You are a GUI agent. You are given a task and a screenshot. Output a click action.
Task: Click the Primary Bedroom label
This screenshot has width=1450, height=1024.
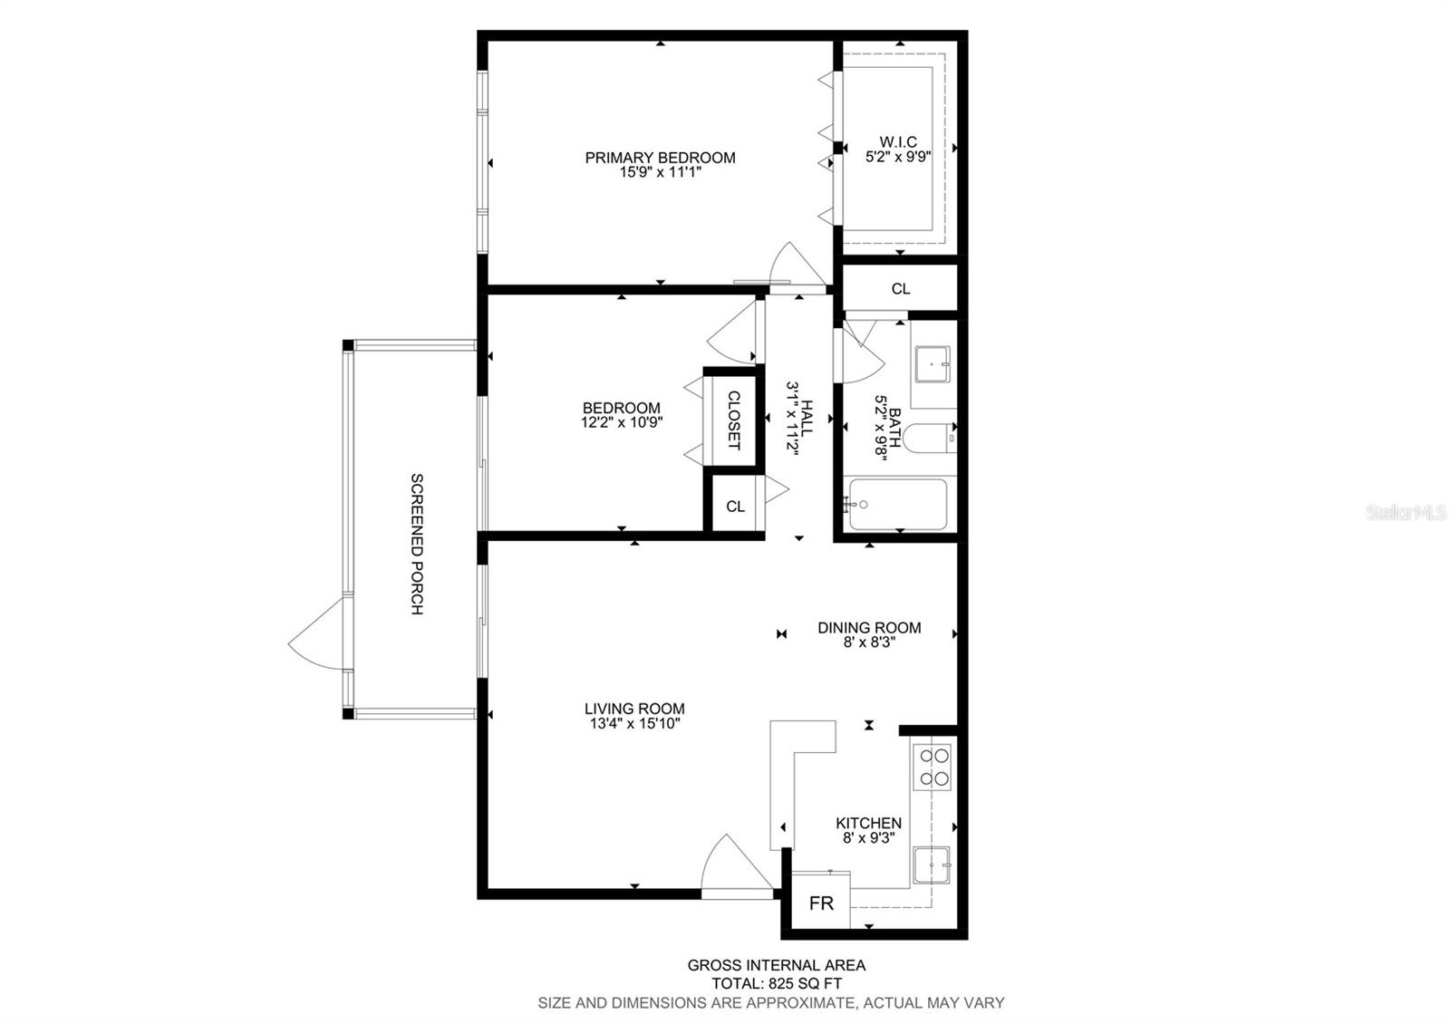[x=660, y=158]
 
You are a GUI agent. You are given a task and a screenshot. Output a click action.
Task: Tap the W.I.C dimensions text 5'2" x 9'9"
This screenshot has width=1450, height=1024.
[x=898, y=156]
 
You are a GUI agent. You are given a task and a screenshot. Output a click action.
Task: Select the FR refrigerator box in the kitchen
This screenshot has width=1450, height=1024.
[x=821, y=903]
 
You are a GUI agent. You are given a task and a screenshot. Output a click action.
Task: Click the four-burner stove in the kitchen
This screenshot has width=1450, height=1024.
[x=934, y=767]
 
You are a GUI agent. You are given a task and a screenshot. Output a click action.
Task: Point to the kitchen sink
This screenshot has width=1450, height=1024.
[x=932, y=866]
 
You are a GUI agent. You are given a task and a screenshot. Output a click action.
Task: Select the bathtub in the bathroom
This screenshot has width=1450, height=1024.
[x=895, y=505]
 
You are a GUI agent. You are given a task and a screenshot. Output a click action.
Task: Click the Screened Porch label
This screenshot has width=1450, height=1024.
[x=417, y=544]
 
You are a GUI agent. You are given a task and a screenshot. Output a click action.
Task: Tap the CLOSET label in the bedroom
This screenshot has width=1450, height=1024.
[x=734, y=420]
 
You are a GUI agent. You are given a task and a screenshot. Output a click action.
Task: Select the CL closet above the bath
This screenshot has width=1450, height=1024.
[x=900, y=289]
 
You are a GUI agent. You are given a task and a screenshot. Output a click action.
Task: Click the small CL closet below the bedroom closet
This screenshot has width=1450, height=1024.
[x=735, y=507]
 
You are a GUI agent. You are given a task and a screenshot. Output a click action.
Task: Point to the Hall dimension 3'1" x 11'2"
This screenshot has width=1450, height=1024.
[x=791, y=419]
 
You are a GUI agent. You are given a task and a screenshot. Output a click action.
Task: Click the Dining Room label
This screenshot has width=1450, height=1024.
[x=869, y=627]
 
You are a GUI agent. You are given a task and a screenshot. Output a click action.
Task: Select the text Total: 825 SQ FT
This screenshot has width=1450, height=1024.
[x=776, y=983]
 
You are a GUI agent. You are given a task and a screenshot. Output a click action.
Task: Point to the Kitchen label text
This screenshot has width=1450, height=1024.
[x=868, y=823]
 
